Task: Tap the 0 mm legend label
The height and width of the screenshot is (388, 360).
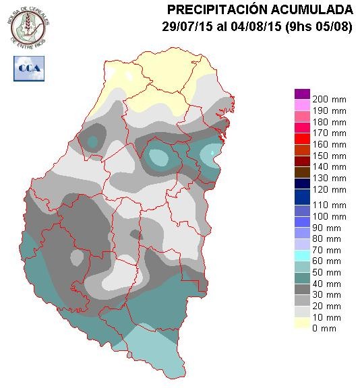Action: coord(325,328)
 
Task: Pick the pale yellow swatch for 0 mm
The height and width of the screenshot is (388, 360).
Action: coord(301,323)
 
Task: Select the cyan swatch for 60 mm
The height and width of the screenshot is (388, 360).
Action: coord(301,256)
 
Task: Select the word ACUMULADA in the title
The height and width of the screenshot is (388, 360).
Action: coord(318,9)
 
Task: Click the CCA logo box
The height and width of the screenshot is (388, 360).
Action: coord(28,68)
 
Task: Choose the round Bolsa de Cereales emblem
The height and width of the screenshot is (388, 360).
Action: coord(29,26)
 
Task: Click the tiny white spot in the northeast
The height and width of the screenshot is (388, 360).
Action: coord(214,153)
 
